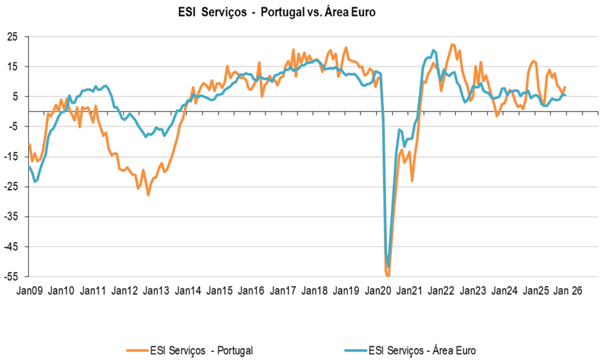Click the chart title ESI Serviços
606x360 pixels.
coord(276,13)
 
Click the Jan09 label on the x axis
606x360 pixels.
coord(30,290)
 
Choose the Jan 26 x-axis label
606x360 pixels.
coord(569,290)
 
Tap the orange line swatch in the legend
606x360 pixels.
coord(137,349)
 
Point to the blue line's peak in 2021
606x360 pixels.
coord(434,50)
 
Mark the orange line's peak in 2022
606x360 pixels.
coord(452,44)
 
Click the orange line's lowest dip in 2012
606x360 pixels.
coord(148,195)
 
